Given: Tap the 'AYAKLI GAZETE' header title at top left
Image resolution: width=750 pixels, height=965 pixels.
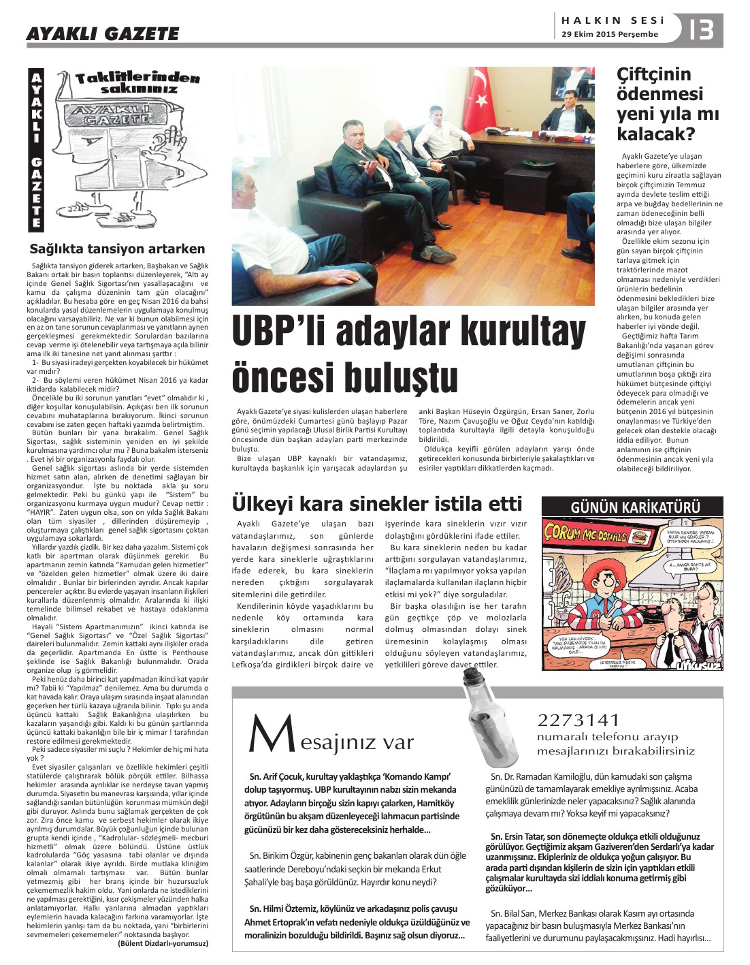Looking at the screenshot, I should click(x=103, y=33).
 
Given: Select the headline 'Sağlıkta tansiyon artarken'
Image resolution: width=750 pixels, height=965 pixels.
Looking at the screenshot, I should click(x=117, y=249).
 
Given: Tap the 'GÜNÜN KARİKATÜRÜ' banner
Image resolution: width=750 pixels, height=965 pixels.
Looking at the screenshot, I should click(x=631, y=507).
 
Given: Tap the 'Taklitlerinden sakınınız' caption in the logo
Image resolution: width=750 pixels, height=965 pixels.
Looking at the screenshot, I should click(x=137, y=83).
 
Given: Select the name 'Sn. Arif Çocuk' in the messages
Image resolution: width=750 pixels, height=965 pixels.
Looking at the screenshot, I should click(x=279, y=776).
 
